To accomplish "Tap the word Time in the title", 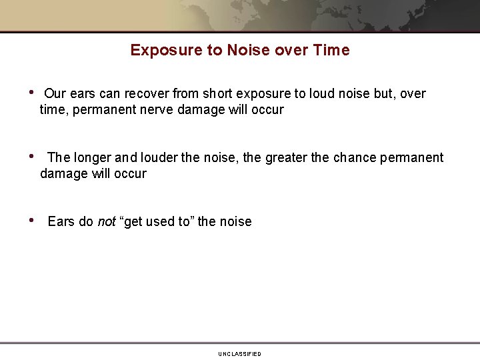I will [333, 50].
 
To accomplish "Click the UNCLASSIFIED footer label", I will [239, 354].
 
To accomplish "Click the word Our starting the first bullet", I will [55, 94].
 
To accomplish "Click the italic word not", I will [107, 222].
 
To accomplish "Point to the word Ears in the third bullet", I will [61, 222].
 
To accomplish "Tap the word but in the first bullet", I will [385, 94].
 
